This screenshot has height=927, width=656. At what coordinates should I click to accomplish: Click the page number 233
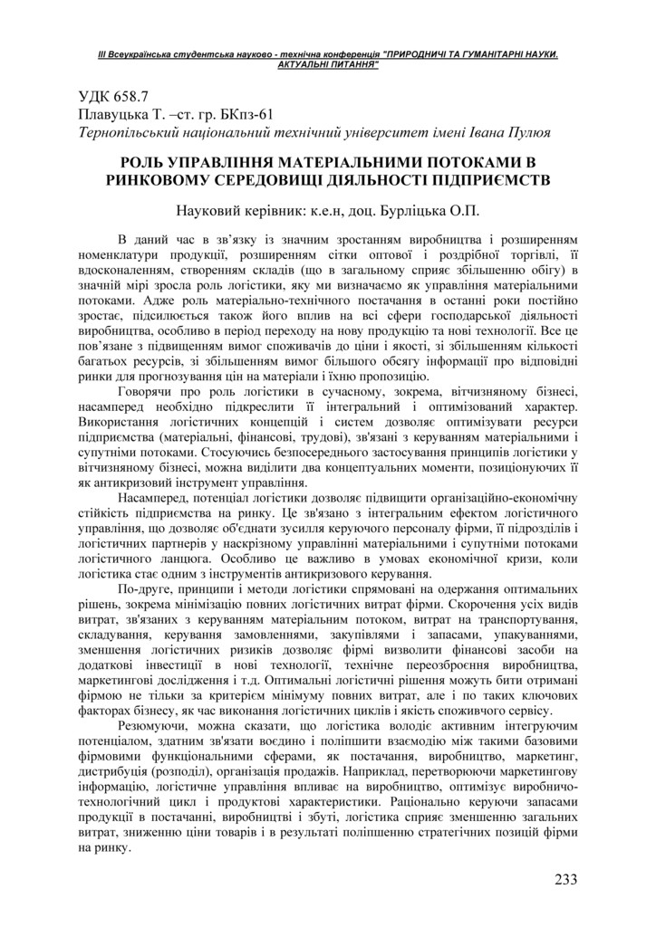point(565,878)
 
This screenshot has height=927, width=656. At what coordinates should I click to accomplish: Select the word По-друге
point(145,589)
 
